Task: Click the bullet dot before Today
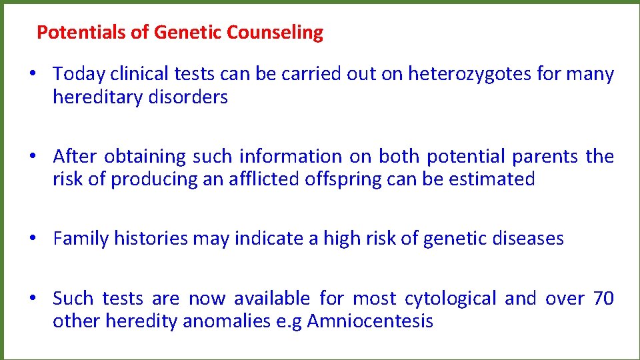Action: point(32,74)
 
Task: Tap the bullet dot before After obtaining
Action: point(32,156)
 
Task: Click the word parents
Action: point(545,156)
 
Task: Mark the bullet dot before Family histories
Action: point(32,238)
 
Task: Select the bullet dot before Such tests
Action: point(32,298)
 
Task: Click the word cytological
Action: point(450,298)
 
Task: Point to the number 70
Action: point(603,298)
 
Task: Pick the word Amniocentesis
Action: point(370,321)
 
